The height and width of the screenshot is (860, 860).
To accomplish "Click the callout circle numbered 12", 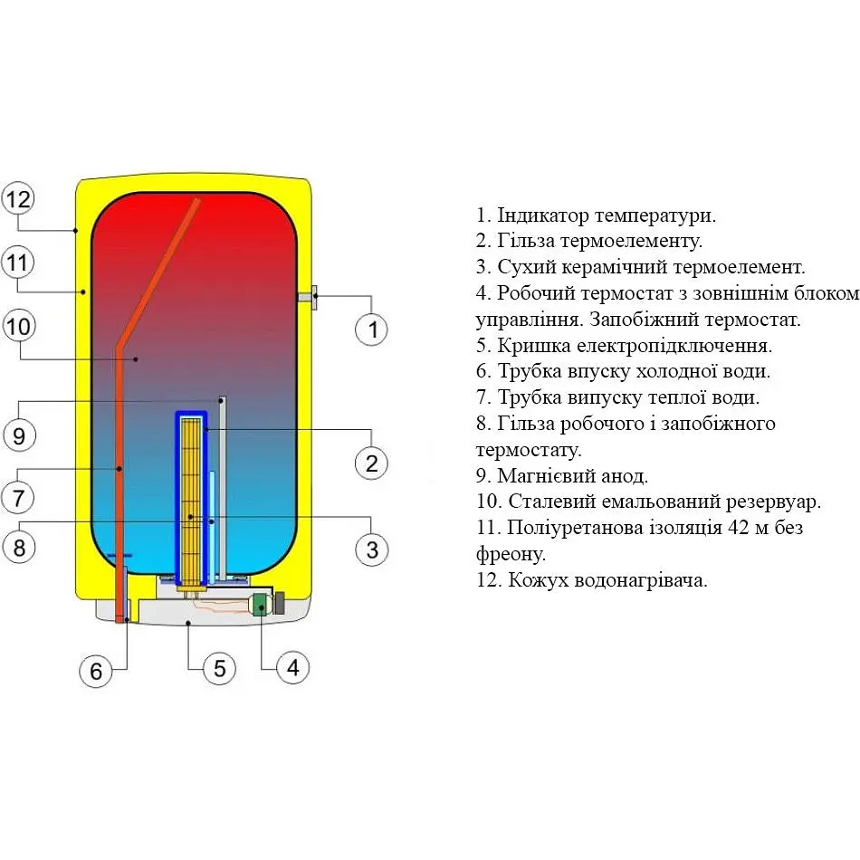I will [x=18, y=199].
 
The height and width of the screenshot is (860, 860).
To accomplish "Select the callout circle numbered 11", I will [x=18, y=263].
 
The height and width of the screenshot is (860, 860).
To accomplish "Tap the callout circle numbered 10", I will [x=18, y=327].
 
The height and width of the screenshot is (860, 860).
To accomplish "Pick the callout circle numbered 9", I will [x=18, y=435].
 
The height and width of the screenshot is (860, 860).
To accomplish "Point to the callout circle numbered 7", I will [x=18, y=497].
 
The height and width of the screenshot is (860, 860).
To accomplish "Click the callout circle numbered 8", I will [x=18, y=546].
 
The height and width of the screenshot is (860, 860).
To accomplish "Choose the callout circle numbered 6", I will [x=96, y=671].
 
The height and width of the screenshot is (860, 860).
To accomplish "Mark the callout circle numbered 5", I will [x=218, y=668].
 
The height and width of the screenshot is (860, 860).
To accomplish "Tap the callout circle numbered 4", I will [x=291, y=668].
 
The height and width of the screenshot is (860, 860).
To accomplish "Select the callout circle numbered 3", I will [x=371, y=549].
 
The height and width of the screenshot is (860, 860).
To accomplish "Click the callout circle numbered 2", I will [x=371, y=463].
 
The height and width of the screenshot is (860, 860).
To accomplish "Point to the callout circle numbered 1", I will [x=371, y=330].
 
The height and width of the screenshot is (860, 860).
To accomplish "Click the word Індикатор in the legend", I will [x=540, y=216].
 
